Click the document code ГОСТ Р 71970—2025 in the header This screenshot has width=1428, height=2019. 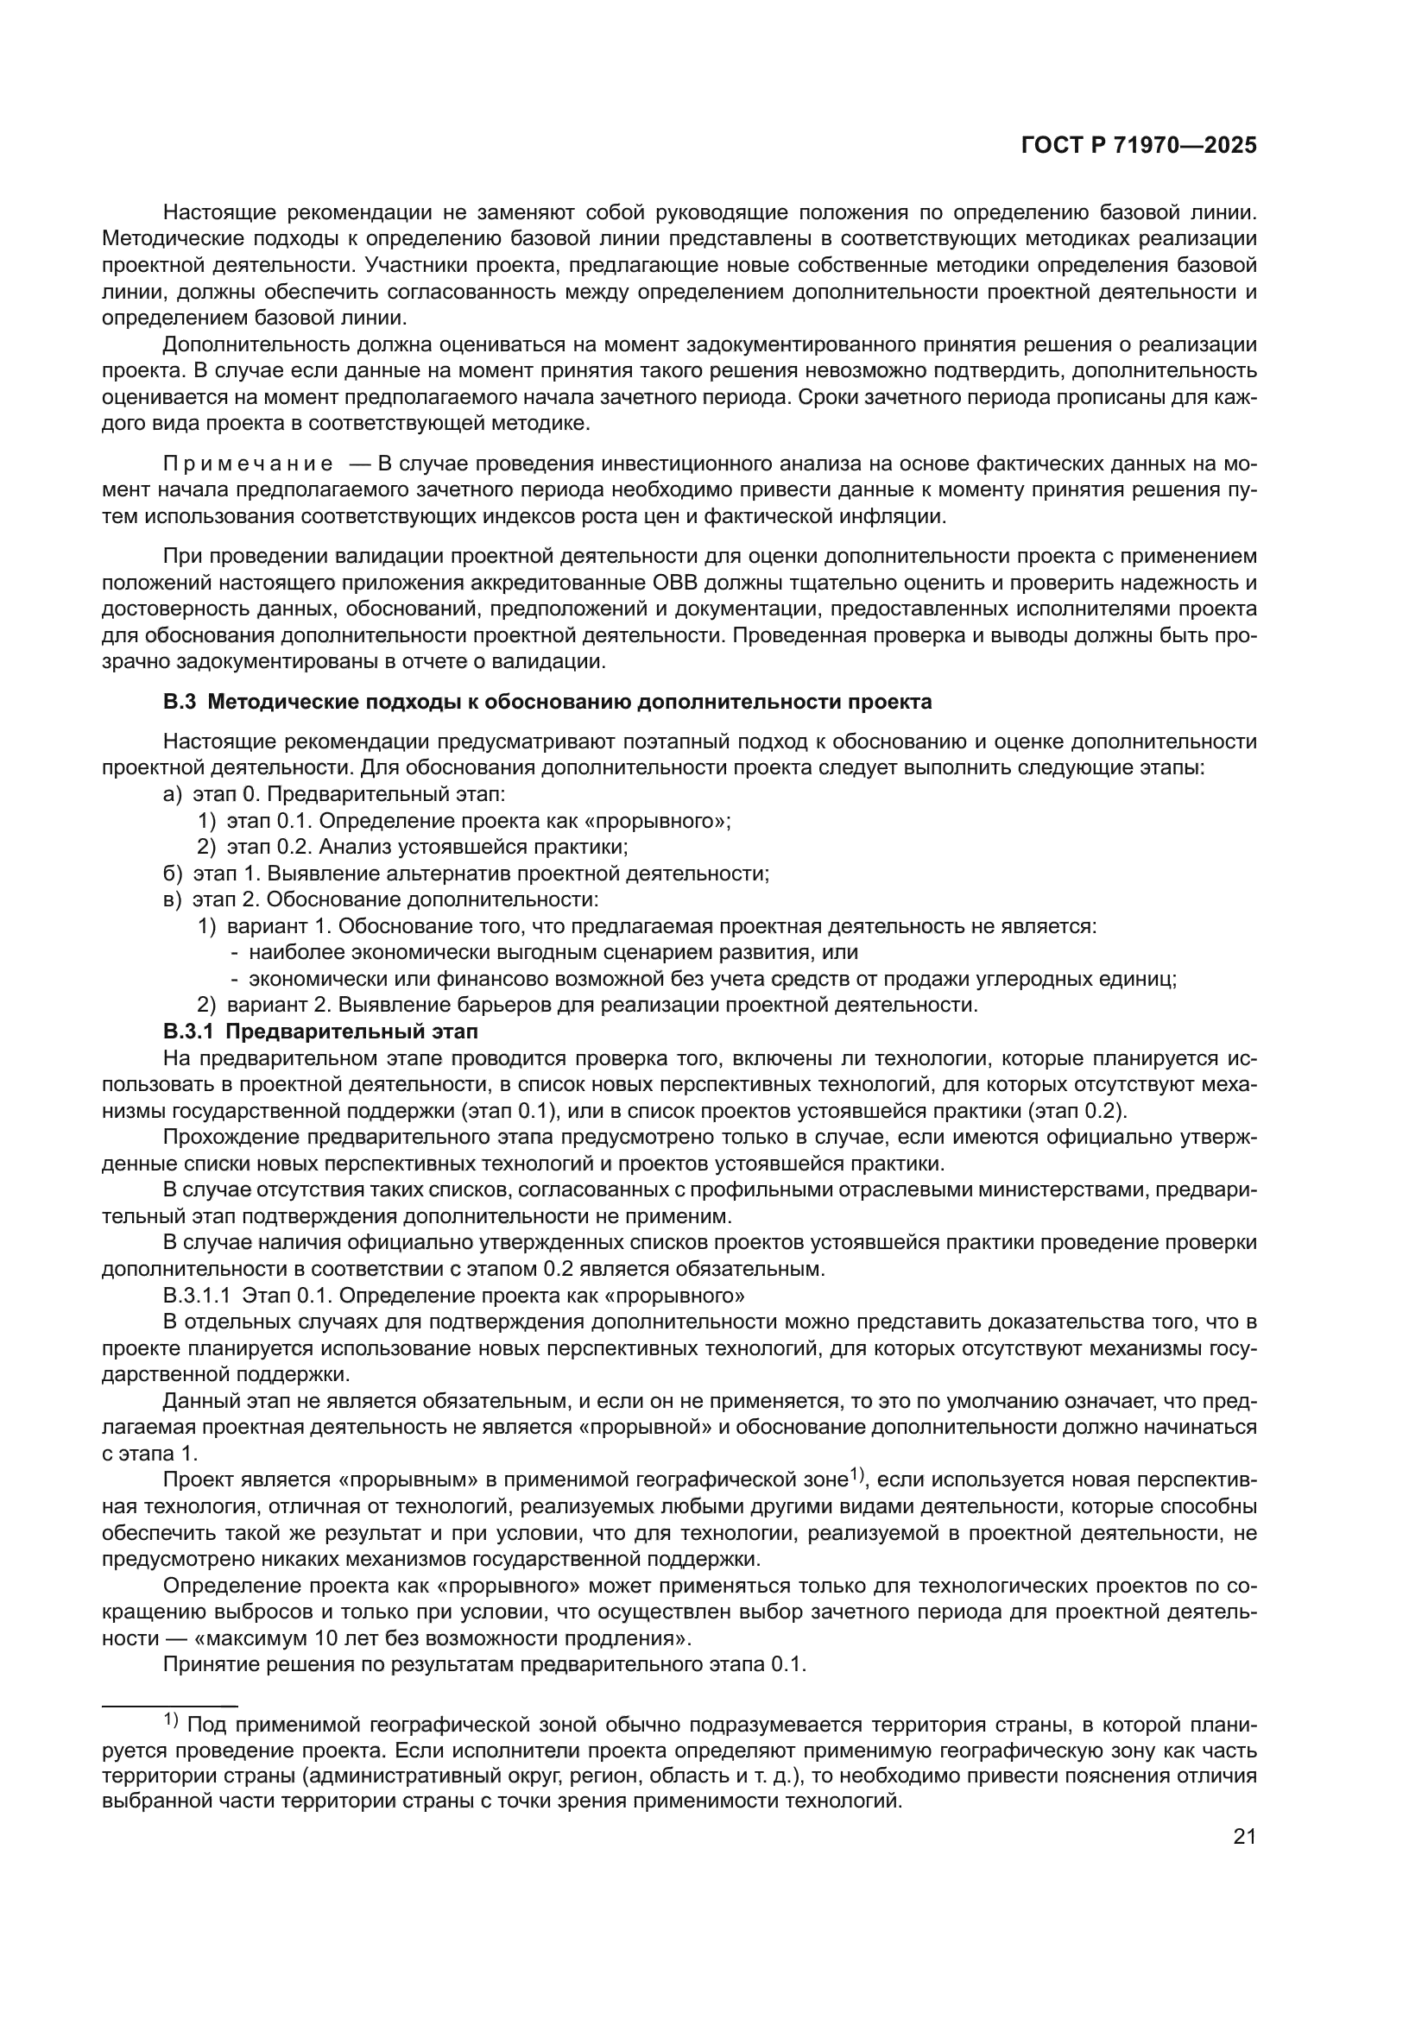point(1139,146)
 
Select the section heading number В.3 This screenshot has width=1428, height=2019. point(179,702)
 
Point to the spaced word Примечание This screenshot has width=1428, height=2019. point(248,464)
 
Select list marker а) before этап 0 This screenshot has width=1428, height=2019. point(173,794)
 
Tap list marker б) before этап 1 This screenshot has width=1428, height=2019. point(173,874)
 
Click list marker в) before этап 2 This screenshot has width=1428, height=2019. point(173,899)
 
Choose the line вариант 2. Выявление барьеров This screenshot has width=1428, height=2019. point(602,1005)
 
